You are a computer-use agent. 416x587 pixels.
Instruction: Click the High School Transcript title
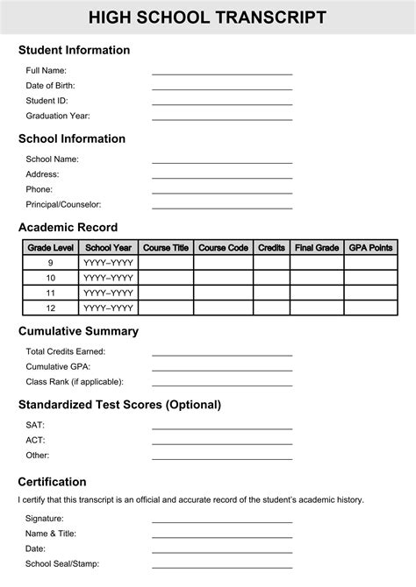pos(207,18)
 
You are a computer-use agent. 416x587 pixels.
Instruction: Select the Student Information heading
pos(74,50)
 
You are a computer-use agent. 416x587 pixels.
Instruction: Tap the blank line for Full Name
pos(222,74)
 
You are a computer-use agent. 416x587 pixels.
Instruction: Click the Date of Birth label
pos(50,86)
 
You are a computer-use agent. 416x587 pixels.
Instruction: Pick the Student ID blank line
pos(222,103)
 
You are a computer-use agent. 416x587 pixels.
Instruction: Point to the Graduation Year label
pos(58,116)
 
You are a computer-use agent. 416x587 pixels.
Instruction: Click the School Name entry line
pos(222,162)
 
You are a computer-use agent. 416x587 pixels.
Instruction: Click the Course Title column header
pos(166,248)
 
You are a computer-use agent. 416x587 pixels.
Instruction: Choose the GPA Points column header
pos(370,248)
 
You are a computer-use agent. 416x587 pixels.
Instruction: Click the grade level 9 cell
pos(51,263)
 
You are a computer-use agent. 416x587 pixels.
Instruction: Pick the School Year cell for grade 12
pos(109,308)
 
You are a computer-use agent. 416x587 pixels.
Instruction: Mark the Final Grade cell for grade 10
pos(317,278)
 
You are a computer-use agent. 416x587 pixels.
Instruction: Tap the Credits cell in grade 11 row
pos(271,293)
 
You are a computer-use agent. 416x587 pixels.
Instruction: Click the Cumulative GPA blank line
pos(222,370)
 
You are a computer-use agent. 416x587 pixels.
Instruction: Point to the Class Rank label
pos(75,382)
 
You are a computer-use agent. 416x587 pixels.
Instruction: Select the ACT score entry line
pos(222,443)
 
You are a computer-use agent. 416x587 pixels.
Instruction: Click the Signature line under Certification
pos(222,521)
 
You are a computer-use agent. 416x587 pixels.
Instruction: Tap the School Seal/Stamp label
pos(61,564)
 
